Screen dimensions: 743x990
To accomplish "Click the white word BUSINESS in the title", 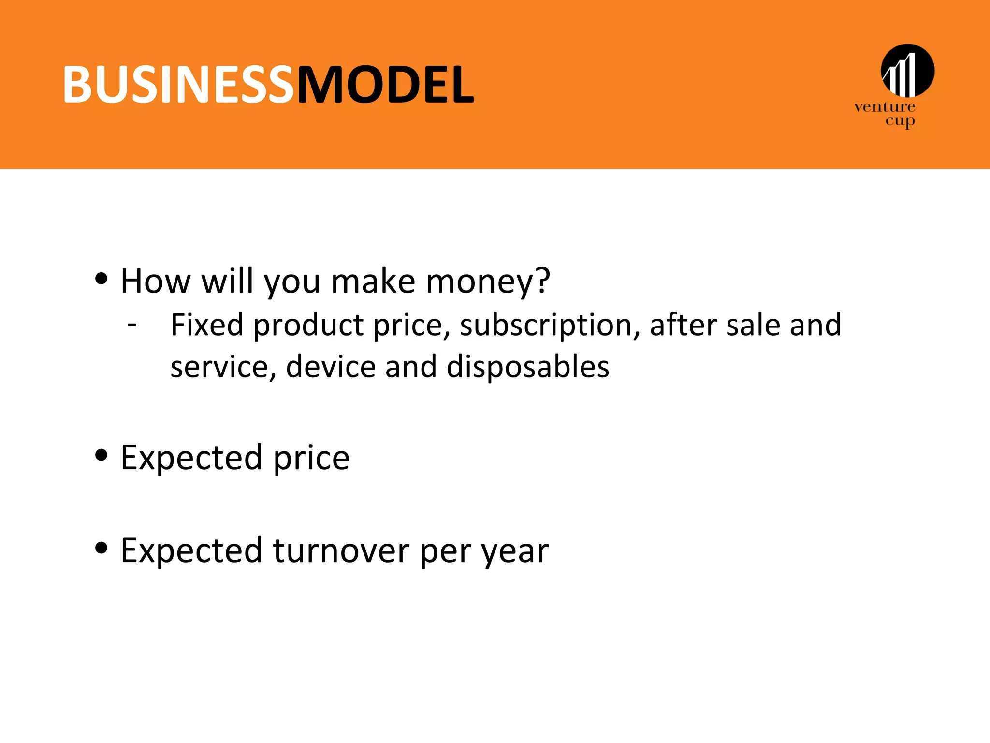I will tap(178, 85).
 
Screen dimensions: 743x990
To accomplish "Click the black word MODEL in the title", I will tap(385, 85).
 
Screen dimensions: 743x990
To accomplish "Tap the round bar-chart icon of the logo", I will tap(907, 71).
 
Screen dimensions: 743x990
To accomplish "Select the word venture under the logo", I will tap(884, 107).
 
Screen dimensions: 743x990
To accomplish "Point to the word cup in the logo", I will tap(900, 121).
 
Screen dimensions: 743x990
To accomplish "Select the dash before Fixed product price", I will tap(132, 324).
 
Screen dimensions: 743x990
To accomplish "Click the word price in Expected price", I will tap(311, 458).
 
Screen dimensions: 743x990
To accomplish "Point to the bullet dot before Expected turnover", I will tap(101, 548).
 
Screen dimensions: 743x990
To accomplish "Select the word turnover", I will tap(341, 550).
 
